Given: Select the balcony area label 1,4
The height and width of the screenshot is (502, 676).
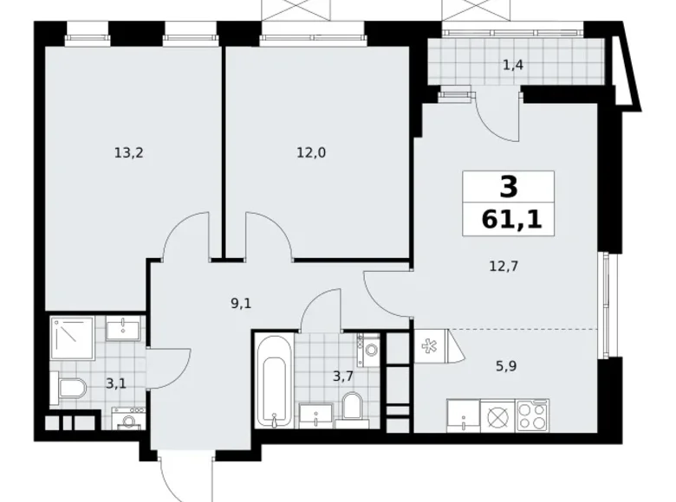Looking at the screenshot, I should tap(513, 65).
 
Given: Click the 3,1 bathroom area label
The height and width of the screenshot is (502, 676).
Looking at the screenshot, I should tap(115, 383).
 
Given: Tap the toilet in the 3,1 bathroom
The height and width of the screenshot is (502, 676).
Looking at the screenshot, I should tap(68, 388).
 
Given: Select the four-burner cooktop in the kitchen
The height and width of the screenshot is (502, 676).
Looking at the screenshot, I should tap(532, 415).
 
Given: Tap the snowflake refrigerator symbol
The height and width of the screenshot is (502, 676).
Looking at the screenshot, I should tap(427, 344).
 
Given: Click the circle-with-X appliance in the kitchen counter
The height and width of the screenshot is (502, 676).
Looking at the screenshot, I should tap(497, 415).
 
